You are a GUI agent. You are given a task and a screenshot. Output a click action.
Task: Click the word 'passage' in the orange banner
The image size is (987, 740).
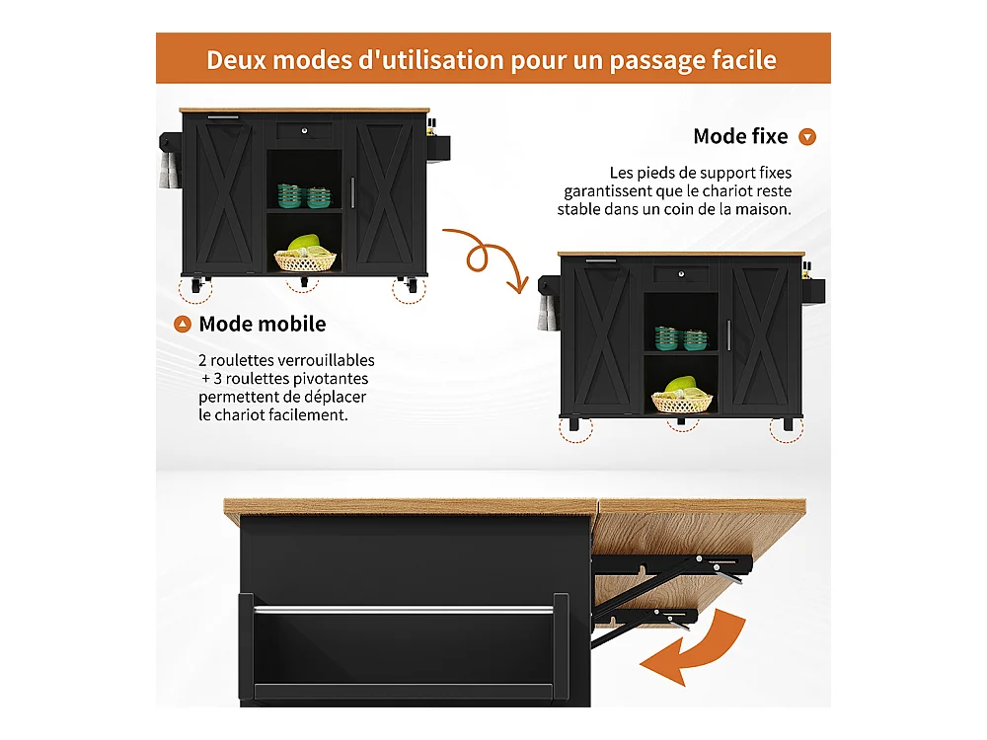tap(656, 61)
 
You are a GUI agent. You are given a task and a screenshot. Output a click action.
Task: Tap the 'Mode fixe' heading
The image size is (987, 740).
tap(740, 136)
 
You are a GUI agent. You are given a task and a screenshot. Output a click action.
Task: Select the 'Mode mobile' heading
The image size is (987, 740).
tap(263, 324)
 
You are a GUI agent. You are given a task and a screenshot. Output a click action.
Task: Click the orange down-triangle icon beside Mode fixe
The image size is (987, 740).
tap(807, 136)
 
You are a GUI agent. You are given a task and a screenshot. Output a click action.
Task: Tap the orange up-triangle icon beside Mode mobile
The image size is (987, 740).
tap(183, 324)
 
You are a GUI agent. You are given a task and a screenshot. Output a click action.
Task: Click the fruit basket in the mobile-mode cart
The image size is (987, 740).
tap(305, 254)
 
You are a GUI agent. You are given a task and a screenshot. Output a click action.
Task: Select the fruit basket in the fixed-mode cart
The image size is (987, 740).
tap(682, 396)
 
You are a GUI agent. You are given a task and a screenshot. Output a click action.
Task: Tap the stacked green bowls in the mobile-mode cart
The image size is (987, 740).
tap(305, 195)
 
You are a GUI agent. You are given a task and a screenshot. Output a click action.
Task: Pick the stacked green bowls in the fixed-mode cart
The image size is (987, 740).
tap(681, 337)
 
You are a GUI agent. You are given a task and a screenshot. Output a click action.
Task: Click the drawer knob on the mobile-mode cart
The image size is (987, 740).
tap(305, 131)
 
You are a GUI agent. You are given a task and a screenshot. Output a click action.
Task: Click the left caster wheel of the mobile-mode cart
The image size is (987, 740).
tap(196, 285)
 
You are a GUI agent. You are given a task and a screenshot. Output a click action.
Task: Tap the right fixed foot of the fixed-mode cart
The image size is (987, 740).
tap(788, 424)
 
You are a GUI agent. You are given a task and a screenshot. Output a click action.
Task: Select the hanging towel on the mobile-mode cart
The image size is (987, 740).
tap(168, 171)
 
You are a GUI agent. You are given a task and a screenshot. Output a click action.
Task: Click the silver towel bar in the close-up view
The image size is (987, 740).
tap(404, 609)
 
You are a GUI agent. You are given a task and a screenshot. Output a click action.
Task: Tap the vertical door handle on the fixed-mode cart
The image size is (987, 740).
tap(729, 335)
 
